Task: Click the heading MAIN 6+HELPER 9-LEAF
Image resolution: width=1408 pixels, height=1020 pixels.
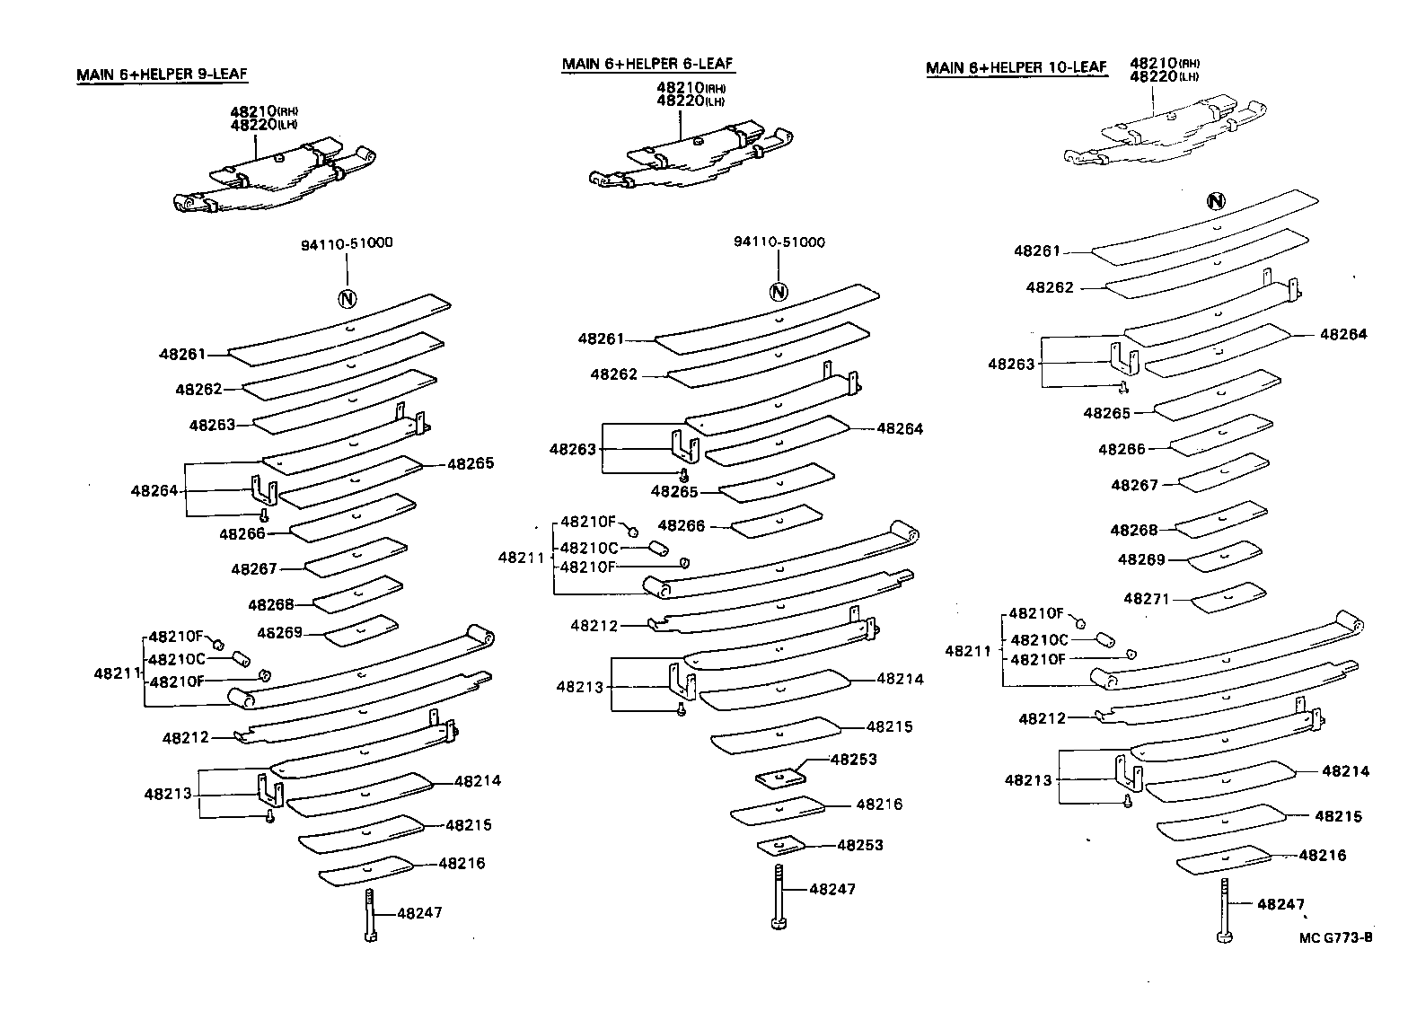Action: click(162, 75)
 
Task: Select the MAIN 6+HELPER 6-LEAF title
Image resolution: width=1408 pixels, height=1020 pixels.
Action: click(647, 64)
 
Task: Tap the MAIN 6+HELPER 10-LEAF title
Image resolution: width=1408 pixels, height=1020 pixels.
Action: click(1016, 67)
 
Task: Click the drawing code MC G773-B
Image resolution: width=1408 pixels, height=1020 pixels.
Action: click(1335, 938)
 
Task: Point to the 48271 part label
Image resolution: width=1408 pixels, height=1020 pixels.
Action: click(1147, 598)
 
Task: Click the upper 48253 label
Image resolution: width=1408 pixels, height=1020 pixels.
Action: click(853, 759)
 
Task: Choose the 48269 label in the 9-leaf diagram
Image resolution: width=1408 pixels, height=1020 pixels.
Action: click(279, 632)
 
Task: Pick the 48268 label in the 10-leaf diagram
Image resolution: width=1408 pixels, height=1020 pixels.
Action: click(1134, 530)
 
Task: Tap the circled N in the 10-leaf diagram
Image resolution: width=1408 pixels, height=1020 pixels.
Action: click(1216, 201)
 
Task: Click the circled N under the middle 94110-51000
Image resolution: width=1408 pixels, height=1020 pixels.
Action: click(779, 292)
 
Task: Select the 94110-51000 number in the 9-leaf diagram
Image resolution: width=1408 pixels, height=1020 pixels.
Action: click(347, 242)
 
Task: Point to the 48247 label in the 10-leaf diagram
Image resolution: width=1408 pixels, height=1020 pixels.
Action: click(1280, 904)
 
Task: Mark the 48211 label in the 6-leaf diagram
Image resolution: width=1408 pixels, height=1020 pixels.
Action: click(522, 558)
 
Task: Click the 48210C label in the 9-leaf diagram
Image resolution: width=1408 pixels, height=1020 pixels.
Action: click(177, 659)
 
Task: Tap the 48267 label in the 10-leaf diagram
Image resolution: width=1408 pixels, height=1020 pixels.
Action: click(1135, 485)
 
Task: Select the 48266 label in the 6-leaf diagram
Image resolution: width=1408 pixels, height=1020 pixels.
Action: click(682, 525)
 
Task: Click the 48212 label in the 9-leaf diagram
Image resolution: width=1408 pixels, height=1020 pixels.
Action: click(186, 737)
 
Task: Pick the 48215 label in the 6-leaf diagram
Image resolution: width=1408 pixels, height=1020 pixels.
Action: click(890, 726)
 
